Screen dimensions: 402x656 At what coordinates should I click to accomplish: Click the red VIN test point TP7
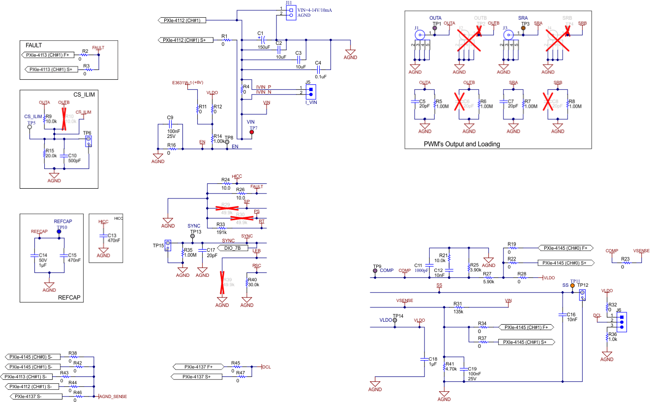253,132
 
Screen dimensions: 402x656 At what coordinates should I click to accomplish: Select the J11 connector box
291,12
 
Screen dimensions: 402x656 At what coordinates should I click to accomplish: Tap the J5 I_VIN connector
310,92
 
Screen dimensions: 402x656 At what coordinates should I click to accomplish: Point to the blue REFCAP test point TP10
59,231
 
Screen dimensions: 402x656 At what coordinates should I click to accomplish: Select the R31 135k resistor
458,307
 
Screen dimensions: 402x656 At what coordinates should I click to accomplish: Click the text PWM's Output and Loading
462,144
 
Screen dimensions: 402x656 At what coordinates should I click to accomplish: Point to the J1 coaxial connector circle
419,35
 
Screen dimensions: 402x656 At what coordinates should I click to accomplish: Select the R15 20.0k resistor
44,154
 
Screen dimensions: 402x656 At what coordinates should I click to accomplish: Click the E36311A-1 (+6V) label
188,82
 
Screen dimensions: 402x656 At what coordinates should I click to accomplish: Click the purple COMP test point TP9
375,270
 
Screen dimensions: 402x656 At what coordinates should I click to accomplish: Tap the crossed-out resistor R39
222,281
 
